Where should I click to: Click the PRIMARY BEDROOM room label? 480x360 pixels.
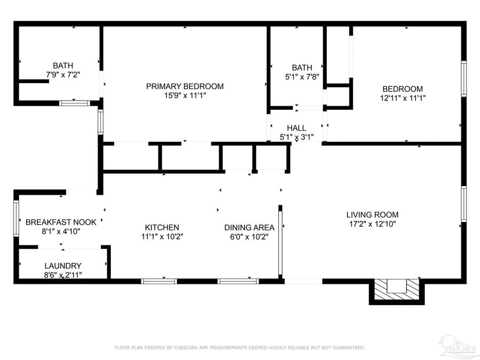point(185,86)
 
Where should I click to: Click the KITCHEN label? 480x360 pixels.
point(160,227)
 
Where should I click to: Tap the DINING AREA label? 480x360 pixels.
point(249,227)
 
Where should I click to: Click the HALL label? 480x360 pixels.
point(297,128)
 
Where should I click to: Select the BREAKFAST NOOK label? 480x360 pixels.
point(60,222)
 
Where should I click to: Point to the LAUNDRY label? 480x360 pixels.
point(63,266)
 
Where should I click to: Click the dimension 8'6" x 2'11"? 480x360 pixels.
point(63,275)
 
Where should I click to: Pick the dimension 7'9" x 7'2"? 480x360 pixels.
point(63,75)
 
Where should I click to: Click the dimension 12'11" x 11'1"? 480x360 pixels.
point(402,98)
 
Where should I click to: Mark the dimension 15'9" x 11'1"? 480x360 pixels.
point(185,95)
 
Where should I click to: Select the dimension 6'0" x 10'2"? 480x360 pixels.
point(249,236)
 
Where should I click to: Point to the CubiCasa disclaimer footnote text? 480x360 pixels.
point(240,348)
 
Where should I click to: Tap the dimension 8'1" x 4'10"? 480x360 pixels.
point(60,231)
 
